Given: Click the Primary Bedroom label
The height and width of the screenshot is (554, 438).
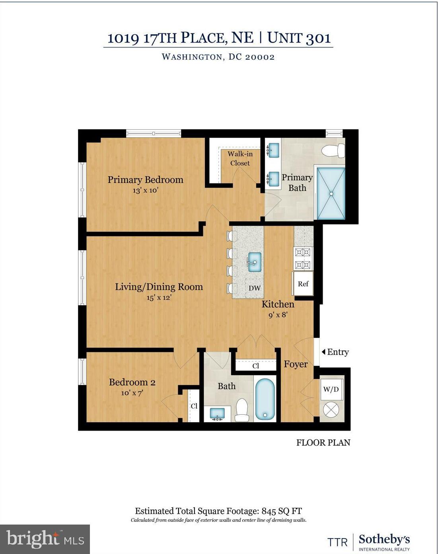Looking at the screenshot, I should pos(145,179).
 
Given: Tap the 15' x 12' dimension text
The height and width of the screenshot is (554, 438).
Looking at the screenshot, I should pos(159,297).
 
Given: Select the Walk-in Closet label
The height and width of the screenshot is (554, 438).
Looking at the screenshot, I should pos(240,158).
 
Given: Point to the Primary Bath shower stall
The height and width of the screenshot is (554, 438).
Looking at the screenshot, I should pos(330,193).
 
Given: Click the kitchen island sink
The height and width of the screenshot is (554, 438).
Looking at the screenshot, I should pos(254,262).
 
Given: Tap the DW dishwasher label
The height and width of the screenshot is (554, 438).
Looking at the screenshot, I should pos(255,288).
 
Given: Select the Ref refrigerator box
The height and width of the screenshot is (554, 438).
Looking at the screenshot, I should pos(303,284).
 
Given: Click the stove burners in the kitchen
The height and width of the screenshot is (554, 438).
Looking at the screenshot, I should pos(303,258).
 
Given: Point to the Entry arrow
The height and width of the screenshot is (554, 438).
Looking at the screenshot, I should pos(324,352).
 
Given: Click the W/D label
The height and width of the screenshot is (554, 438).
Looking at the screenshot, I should pos(331,389).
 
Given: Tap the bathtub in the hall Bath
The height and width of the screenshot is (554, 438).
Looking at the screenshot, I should pos(265,399).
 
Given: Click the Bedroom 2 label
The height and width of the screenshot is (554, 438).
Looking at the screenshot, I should pos(132,382).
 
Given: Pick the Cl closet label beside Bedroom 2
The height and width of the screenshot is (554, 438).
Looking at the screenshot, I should pos(194,406).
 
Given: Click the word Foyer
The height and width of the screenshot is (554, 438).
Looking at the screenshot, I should pos(296,364).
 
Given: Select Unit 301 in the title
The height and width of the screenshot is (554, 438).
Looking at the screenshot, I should pos(299,38).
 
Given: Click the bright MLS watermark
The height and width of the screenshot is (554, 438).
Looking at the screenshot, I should pos(45,539).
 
